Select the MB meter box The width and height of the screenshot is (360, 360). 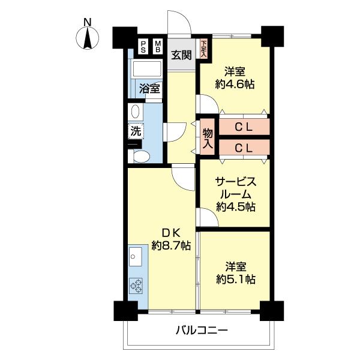coord(158,47)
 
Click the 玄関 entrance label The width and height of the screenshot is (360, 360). coord(181,55)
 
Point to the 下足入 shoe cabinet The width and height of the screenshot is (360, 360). coord(204,49)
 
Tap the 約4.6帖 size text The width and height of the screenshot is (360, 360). coord(235,85)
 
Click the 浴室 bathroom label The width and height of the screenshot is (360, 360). coord(149,89)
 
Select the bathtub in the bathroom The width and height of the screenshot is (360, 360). coord(146,69)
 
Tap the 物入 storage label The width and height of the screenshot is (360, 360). coord(208,139)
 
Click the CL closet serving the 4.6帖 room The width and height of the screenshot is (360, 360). coord(243,127)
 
